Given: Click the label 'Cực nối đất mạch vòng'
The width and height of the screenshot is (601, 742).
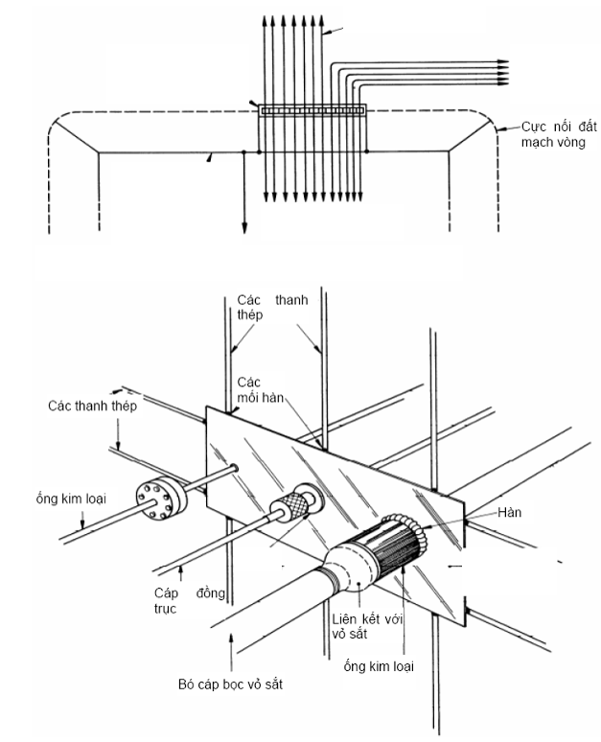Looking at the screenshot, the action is (559, 134).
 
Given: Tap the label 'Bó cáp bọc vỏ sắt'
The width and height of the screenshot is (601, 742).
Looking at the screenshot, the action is (230, 684).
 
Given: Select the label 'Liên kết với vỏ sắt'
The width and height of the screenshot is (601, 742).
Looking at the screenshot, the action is (367, 626).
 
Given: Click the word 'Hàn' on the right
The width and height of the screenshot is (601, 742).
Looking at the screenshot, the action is (509, 512).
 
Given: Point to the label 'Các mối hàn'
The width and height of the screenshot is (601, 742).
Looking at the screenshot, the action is (261, 389).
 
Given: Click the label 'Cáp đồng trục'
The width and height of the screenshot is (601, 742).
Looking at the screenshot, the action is (189, 600).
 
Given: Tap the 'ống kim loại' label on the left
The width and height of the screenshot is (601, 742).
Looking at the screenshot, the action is (71, 499).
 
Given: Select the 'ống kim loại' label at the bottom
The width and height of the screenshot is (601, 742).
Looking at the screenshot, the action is (379, 666).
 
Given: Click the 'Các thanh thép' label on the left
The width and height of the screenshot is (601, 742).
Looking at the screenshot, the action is (92, 406).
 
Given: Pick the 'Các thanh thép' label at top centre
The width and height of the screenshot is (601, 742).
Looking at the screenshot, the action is (272, 307).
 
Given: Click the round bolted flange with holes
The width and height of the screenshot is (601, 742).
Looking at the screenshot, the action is (162, 496).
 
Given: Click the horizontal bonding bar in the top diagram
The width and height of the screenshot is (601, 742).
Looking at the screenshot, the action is (312, 110).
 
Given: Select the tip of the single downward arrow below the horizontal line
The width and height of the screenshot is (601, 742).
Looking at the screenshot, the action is (244, 233).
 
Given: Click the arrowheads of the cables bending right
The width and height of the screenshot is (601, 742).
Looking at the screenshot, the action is (502, 73).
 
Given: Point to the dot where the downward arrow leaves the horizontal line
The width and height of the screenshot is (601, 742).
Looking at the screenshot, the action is (243, 151).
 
